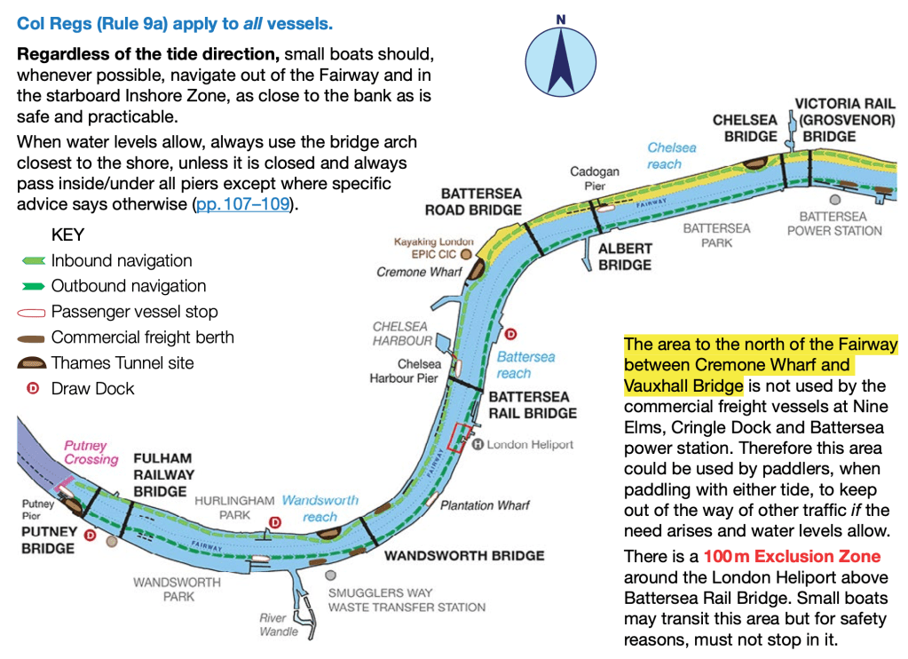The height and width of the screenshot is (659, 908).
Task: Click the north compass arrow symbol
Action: (x=561, y=55)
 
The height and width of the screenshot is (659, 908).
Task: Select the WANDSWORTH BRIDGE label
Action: (x=463, y=556)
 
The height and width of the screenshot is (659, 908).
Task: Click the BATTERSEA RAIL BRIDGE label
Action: (x=533, y=404)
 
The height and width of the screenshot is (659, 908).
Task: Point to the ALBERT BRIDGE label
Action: (x=625, y=257)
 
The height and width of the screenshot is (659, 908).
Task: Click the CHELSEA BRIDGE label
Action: (x=745, y=128)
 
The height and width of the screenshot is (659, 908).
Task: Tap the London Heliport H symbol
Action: (x=478, y=444)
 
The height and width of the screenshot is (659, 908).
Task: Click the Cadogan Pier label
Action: (x=595, y=179)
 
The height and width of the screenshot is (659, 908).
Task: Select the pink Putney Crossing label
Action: (x=91, y=452)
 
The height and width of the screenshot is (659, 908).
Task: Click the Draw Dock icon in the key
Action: (x=34, y=388)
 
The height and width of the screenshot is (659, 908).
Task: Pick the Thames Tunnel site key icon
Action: (x=33, y=363)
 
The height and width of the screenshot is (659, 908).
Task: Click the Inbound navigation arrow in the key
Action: (x=32, y=261)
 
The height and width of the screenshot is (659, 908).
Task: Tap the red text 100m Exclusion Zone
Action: (x=792, y=557)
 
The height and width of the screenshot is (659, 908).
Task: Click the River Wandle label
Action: (x=278, y=624)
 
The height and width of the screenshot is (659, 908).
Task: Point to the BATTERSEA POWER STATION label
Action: (x=833, y=223)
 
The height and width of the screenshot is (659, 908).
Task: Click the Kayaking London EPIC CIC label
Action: (x=433, y=248)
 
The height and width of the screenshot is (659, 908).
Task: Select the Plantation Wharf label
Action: (x=485, y=505)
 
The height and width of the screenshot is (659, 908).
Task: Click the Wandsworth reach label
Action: (x=320, y=508)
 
